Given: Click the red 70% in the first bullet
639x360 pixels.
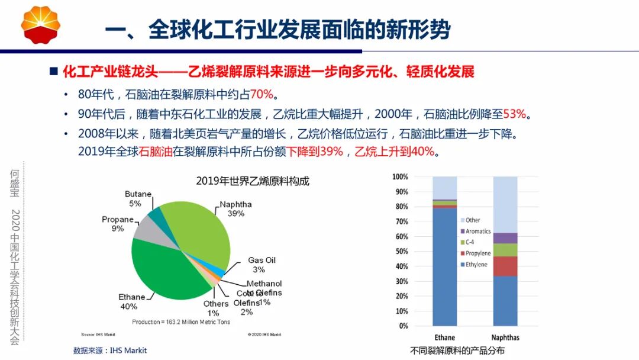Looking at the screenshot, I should pos(262,95).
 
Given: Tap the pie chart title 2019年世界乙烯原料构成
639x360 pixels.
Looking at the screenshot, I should pos(253,181).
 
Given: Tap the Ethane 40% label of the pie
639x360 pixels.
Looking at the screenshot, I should pos(131,301).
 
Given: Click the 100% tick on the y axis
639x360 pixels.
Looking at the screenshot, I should pos(401,177).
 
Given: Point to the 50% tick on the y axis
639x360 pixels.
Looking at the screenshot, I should pos(402,252).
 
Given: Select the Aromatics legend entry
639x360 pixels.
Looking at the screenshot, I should pos(477,231).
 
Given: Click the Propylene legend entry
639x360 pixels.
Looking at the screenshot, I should pos(477,253).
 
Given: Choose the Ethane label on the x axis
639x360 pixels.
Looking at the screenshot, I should pos(444,337).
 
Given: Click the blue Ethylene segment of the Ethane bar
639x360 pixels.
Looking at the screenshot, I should pos(444,266).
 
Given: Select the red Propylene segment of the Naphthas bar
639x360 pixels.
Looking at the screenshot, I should pos(505,266).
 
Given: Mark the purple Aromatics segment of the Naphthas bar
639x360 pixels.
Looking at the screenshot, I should pos(505,238).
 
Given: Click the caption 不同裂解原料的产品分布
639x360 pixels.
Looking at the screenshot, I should pos(457,351).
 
